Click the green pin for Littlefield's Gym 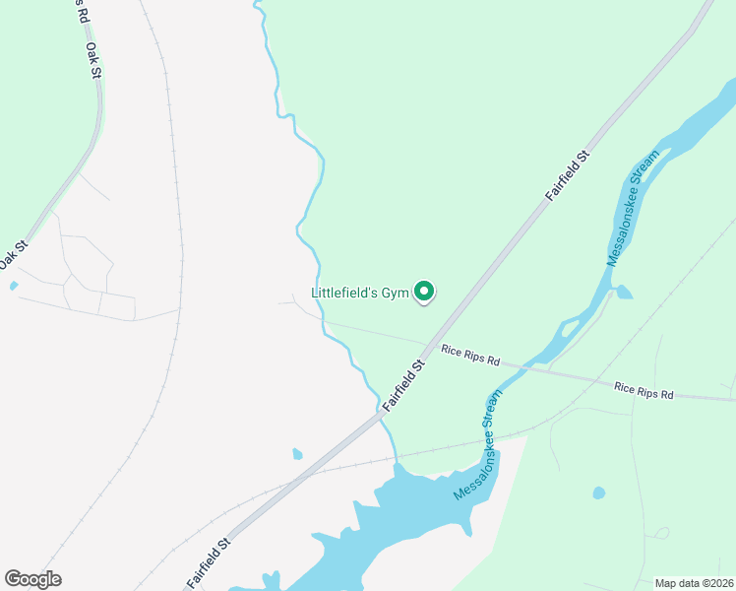pyautogui.click(x=424, y=292)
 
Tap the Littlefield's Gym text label pyautogui.click(x=359, y=293)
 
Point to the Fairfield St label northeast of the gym pyautogui.click(x=569, y=175)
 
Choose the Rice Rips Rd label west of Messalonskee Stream pyautogui.click(x=470, y=356)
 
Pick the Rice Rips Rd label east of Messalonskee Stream pyautogui.click(x=644, y=389)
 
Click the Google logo pyautogui.click(x=32, y=579)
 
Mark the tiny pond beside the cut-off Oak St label pyautogui.click(x=13, y=286)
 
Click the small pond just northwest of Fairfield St pyautogui.click(x=298, y=454)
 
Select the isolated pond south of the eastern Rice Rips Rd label pyautogui.click(x=598, y=492)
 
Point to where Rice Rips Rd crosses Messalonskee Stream pyautogui.click(x=526, y=365)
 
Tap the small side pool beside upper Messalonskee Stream pyautogui.click(x=622, y=292)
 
